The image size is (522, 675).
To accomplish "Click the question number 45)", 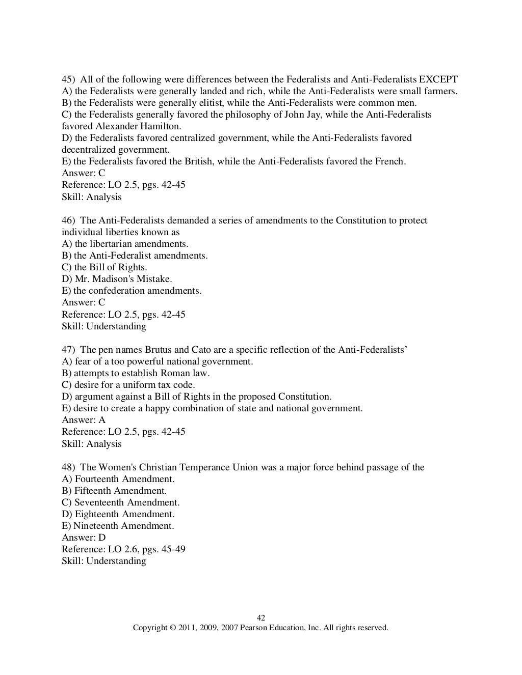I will point(69,79).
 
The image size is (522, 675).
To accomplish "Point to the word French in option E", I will point(389,161).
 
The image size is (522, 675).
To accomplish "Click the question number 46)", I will point(69,220).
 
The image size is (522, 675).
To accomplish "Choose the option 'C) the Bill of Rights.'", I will point(105,267).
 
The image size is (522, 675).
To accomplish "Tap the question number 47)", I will point(69,350).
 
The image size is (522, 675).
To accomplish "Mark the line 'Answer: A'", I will point(84,420).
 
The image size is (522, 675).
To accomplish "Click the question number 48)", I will point(69,467).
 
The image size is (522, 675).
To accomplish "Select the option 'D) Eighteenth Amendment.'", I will point(118,514).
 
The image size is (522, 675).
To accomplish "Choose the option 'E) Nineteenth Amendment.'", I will point(118,526).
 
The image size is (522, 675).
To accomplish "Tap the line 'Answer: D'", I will point(84,538).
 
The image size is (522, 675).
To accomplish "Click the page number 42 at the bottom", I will point(260,618).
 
